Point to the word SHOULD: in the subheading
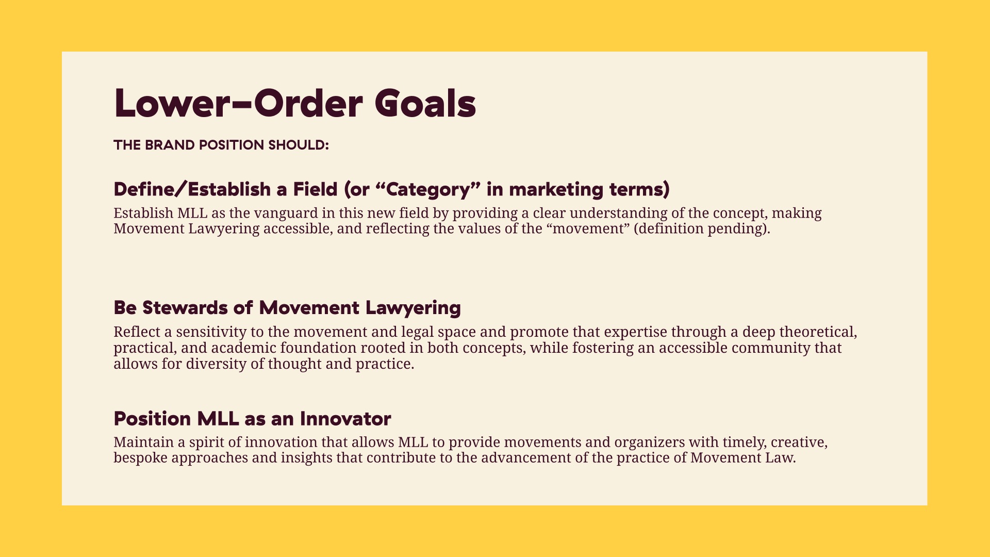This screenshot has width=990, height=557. pos(299,145)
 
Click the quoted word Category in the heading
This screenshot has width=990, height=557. pos(428,189)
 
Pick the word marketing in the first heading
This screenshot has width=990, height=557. pos(556,189)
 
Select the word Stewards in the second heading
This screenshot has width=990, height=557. pos(185,307)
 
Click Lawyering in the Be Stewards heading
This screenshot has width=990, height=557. pos(413,308)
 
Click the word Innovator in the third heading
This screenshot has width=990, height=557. pos(345,418)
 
